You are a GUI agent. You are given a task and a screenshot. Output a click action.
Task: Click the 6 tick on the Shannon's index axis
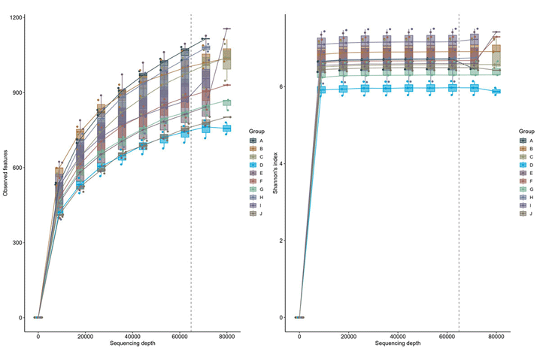[281, 86]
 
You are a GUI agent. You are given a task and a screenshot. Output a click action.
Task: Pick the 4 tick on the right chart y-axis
[281, 164]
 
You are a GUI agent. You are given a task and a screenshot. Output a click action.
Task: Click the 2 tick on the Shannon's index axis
[281, 241]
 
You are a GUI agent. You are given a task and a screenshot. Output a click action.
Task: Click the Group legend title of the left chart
[256, 131]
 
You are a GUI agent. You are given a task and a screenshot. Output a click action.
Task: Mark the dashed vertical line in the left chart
[191, 188]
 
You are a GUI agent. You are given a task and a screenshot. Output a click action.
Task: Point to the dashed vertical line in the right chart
[459, 188]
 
